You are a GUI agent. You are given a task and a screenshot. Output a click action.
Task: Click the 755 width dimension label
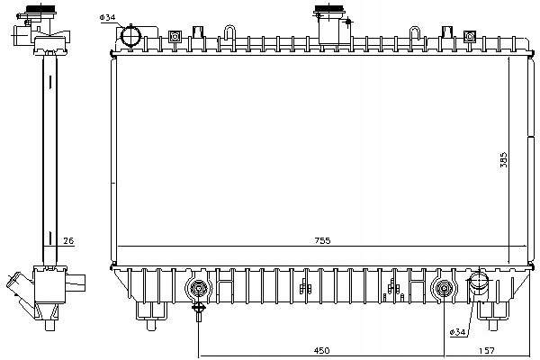(x=322, y=240)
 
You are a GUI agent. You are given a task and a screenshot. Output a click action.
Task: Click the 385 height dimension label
(x=503, y=160)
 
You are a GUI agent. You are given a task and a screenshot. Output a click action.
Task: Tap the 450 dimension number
(x=321, y=350)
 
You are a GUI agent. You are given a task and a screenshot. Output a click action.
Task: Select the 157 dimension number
(x=487, y=350)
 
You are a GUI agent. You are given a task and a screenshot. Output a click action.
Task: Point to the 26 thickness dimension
(x=68, y=240)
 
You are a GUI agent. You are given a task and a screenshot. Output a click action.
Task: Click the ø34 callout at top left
(x=108, y=17)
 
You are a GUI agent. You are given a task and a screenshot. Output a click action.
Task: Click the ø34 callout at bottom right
(x=457, y=332)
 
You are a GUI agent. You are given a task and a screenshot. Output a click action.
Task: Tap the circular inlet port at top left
(x=130, y=35)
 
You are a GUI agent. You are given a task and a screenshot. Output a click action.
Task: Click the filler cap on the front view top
(x=329, y=9)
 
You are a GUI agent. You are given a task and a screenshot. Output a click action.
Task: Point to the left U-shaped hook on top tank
(x=229, y=33)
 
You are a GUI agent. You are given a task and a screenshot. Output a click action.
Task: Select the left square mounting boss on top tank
(x=175, y=37)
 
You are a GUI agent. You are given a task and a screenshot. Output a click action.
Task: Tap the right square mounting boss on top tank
(x=470, y=36)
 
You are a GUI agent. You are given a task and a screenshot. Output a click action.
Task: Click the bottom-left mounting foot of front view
(x=151, y=316)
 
